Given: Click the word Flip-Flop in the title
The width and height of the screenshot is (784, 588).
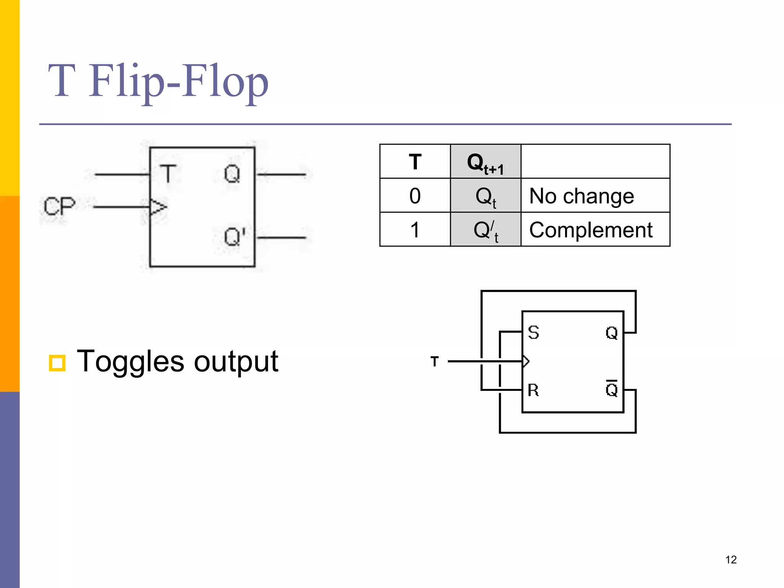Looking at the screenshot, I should [178, 82].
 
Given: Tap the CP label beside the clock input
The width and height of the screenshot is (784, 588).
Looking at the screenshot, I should [59, 206].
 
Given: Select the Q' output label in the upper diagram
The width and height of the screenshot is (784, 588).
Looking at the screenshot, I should [234, 237].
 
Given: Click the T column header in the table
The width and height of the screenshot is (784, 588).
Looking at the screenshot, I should [415, 162].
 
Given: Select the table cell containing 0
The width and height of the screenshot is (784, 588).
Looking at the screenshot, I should [415, 196].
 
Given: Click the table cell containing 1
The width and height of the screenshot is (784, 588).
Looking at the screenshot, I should [415, 230].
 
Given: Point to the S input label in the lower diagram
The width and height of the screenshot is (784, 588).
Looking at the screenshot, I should [533, 332].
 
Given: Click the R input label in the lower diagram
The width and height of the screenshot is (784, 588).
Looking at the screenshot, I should [533, 390].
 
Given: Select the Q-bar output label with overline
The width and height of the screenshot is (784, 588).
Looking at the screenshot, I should [611, 389].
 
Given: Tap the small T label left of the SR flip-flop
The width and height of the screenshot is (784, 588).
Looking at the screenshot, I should [434, 361].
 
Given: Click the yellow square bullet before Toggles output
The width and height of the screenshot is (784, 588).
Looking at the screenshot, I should [57, 363].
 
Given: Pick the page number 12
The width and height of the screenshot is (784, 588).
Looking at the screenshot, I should [731, 560].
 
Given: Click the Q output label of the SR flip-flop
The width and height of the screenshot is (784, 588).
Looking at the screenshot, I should [611, 333].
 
